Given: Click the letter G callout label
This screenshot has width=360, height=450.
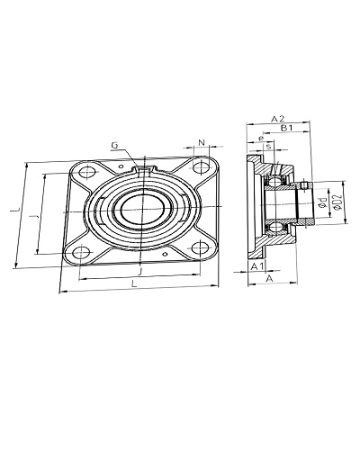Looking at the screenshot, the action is (114, 146).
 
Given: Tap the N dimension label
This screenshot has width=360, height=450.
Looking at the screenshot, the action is (202, 142).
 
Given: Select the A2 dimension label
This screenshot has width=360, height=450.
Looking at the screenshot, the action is (277, 119).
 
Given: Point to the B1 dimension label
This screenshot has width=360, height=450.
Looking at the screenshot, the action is (286, 128).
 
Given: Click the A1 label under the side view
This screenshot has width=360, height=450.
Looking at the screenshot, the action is (257, 265).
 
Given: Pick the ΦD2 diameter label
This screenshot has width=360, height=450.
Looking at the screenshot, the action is (337, 202).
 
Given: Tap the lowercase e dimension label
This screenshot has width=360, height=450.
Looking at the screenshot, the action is (261, 139).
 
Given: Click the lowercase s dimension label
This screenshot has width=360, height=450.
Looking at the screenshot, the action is (269, 147).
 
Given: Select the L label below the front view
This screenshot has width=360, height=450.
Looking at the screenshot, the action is (134, 283).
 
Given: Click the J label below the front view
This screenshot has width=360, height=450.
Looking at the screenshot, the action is (139, 272).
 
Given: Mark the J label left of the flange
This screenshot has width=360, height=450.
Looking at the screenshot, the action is (34, 217).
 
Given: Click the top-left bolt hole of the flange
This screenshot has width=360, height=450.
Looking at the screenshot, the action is (87, 173).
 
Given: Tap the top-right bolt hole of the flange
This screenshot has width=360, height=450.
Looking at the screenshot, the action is (201, 167).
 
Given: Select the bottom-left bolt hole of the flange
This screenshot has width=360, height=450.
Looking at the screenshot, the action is (81, 252).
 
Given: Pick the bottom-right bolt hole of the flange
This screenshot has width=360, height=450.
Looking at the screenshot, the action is (200, 247).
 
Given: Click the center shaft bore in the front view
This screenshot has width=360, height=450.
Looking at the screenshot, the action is (143, 209).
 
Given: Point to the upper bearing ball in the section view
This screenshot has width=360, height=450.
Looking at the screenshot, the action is (274, 181).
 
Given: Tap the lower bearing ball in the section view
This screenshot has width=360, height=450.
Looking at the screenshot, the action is (274, 228).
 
